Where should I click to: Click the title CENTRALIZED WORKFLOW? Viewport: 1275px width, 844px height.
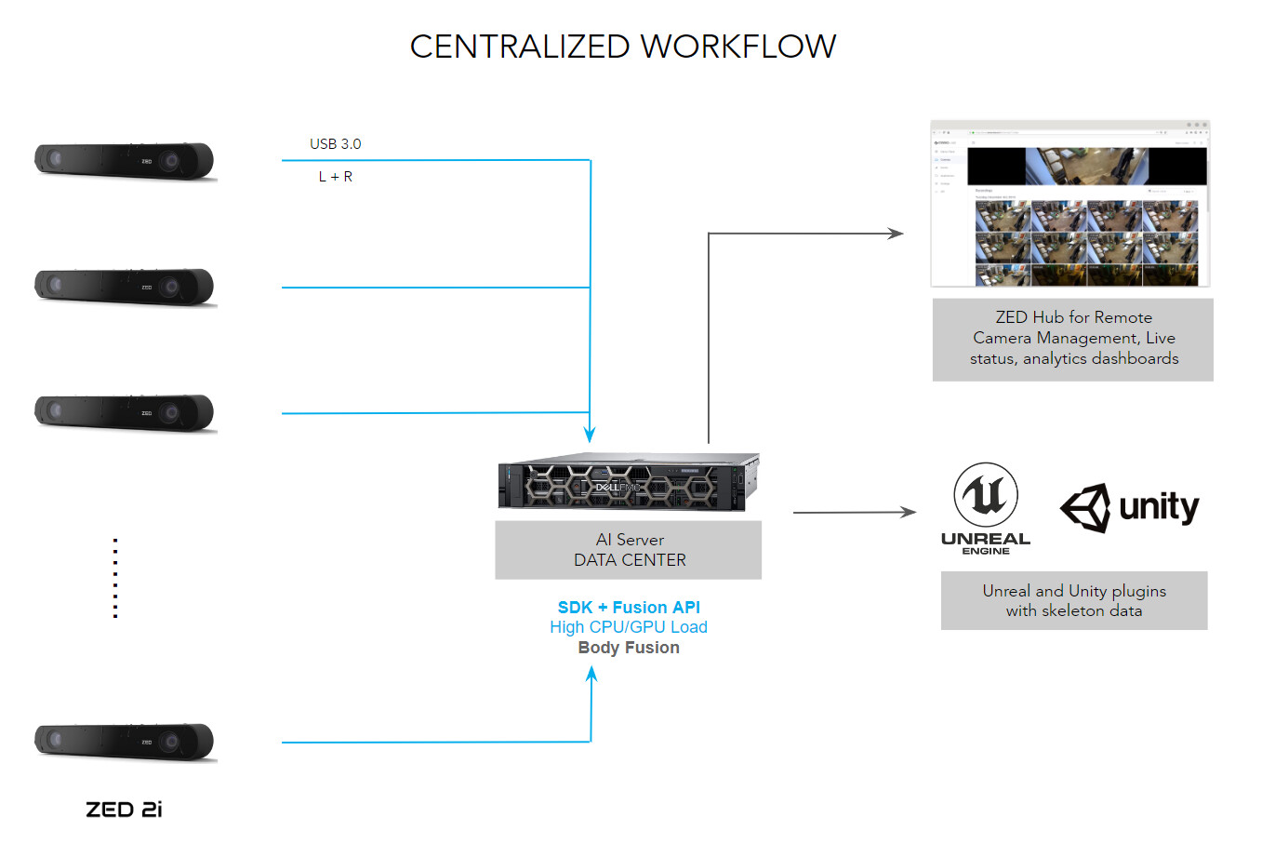click(x=623, y=47)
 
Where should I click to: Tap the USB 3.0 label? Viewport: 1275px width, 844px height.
click(x=335, y=144)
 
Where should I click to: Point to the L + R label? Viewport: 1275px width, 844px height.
click(x=335, y=177)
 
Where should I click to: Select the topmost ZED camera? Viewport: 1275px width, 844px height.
click(x=125, y=161)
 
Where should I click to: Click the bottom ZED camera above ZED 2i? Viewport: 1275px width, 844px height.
click(x=125, y=742)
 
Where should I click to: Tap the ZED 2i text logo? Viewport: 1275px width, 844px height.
click(x=124, y=810)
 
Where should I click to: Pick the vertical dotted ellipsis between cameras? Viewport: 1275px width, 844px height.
click(x=115, y=578)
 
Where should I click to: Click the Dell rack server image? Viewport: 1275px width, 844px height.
click(x=629, y=482)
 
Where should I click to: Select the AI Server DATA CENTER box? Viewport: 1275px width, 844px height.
click(x=629, y=550)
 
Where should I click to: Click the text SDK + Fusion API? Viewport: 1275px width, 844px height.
click(x=629, y=608)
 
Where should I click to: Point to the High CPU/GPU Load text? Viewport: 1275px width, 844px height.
click(x=629, y=627)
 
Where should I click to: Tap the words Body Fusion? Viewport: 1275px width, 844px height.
click(x=629, y=648)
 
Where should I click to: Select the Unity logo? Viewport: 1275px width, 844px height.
click(x=1129, y=507)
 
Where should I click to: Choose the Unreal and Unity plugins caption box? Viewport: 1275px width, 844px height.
click(x=1074, y=600)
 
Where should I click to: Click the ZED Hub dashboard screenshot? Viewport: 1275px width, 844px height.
click(x=1069, y=203)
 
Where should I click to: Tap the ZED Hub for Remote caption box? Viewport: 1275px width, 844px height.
click(x=1073, y=339)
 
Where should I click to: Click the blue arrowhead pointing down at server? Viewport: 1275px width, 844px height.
click(x=590, y=435)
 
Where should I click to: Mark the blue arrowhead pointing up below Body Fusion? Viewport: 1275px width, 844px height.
click(x=591, y=674)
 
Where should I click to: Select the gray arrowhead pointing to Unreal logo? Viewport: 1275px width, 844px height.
click(x=909, y=512)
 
